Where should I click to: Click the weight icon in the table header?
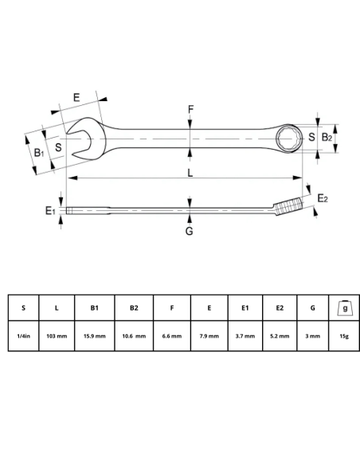pos(343,307)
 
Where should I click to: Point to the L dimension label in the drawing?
pos(190,173)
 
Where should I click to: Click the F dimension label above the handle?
pos(190,109)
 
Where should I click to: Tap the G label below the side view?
pos(190,232)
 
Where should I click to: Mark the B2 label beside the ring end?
pos(327,138)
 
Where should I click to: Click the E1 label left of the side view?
pos(50,210)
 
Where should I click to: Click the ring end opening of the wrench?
pos(287,139)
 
